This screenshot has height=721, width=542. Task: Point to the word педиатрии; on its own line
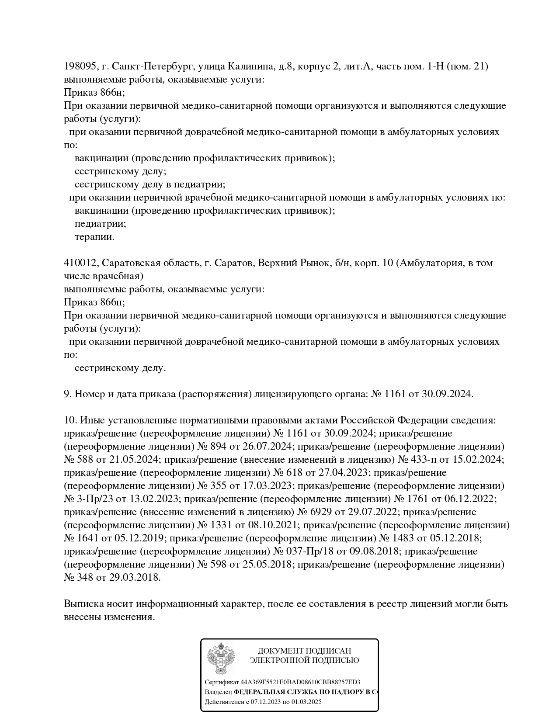[x=101, y=224]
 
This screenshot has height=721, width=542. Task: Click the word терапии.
[x=94, y=237]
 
